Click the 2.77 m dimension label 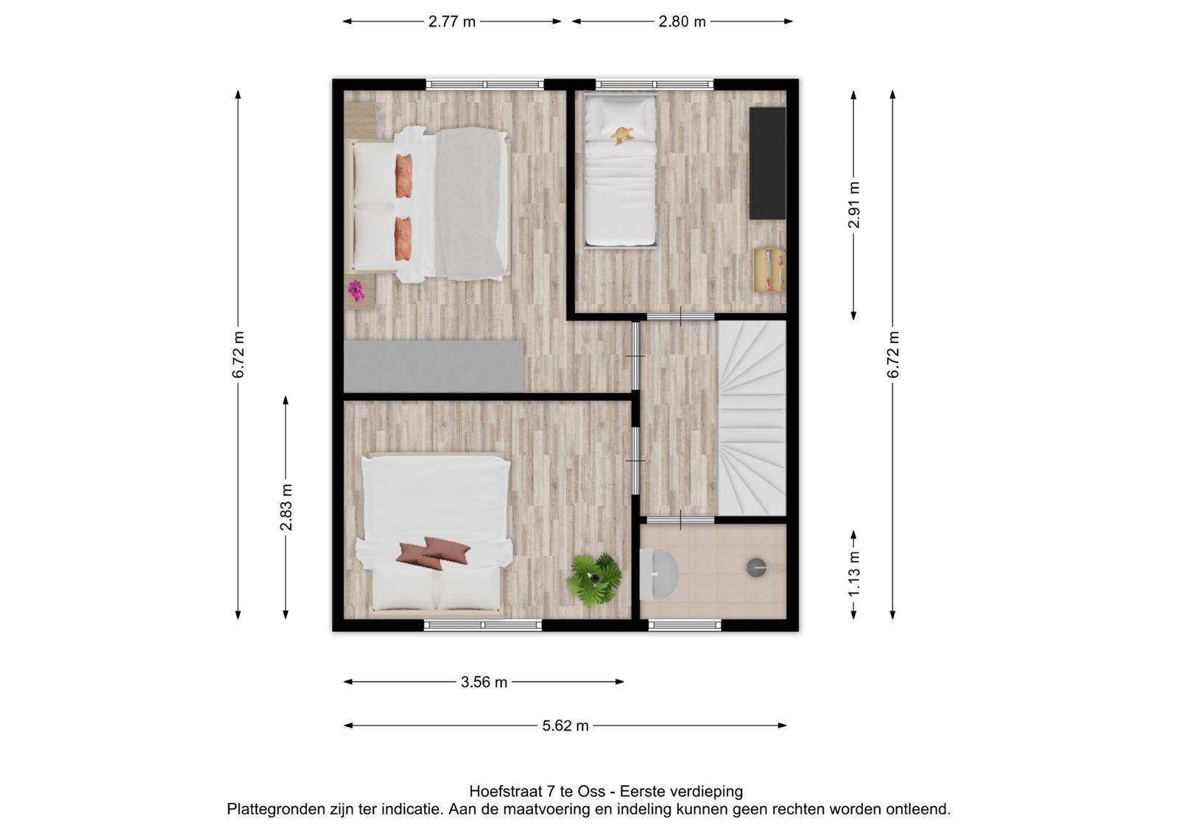[x=452, y=21]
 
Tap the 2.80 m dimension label [x=682, y=21]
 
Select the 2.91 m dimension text [x=853, y=205]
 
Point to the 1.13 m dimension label [x=853, y=574]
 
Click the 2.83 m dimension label [x=286, y=507]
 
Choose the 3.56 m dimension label [x=484, y=682]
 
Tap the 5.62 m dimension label [x=565, y=725]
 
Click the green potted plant [x=594, y=580]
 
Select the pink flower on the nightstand [x=356, y=290]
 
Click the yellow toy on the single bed [x=622, y=136]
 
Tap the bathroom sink [x=658, y=574]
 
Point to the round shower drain [x=757, y=567]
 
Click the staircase [x=752, y=418]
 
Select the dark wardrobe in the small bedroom [x=767, y=163]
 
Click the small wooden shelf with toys [x=769, y=270]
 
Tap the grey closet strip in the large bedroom [x=434, y=366]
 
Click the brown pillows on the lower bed [x=434, y=552]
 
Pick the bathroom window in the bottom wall [x=685, y=625]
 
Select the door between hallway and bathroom [x=680, y=520]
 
